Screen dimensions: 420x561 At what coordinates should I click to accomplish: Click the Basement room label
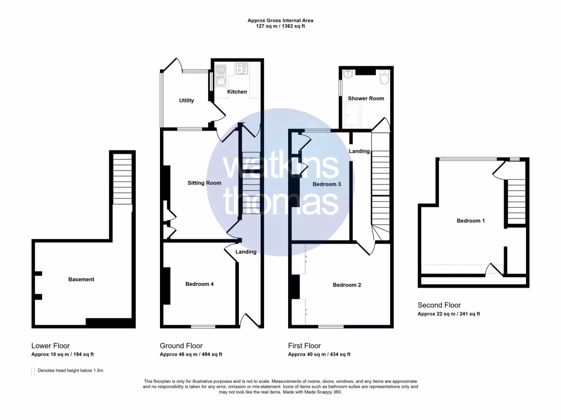coord(81,279)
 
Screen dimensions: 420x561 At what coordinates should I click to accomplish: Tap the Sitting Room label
coord(204,183)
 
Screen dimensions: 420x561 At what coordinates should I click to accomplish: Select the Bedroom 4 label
coord(199,284)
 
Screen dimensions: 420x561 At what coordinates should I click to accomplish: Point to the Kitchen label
coord(237,92)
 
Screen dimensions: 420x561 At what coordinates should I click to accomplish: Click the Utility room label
coord(187,101)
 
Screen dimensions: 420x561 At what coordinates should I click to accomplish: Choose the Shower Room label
coord(366,98)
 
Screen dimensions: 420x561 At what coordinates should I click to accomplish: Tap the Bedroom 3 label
coord(327,184)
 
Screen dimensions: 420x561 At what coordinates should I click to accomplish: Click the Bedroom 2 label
coord(347,285)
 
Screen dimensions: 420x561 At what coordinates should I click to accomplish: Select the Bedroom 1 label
coord(471,221)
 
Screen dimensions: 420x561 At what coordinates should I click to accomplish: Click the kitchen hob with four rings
coord(242,69)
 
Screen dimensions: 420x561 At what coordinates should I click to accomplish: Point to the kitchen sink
coord(220,75)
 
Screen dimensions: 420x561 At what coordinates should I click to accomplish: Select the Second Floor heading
coord(439,305)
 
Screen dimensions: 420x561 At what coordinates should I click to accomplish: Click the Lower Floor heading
coord(50,346)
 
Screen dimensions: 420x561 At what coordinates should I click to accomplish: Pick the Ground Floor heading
coord(181,346)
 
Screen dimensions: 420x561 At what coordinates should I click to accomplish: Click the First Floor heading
coord(305,346)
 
